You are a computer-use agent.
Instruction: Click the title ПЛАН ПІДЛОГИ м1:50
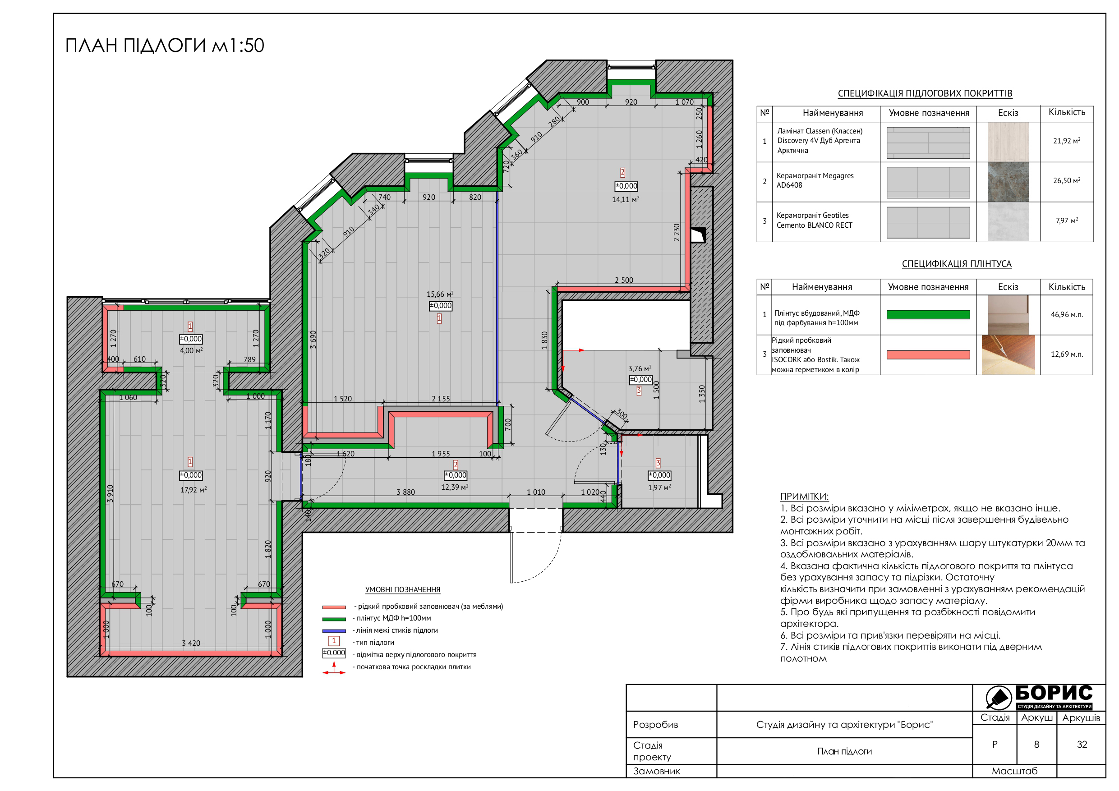click(x=165, y=46)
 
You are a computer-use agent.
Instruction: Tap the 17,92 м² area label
click(x=193, y=489)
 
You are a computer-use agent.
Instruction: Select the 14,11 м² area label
click(x=625, y=199)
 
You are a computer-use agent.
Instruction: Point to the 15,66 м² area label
click(x=440, y=294)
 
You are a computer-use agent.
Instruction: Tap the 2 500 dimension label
click(x=624, y=280)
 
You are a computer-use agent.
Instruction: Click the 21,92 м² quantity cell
click(x=1066, y=141)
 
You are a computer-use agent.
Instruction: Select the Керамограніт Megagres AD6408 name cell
click(x=825, y=181)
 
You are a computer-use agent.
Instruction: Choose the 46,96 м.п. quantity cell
click(x=1066, y=314)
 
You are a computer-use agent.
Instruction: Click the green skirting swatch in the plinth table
click(x=928, y=315)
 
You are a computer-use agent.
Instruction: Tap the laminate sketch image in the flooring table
click(x=1008, y=142)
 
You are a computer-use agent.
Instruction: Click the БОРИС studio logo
click(x=1039, y=697)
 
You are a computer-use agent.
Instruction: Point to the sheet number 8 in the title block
click(x=1036, y=744)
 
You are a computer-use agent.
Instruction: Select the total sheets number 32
click(x=1082, y=744)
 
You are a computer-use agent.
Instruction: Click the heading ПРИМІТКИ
click(x=804, y=496)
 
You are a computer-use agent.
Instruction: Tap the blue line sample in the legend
click(x=334, y=630)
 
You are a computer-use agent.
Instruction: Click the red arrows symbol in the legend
click(x=334, y=668)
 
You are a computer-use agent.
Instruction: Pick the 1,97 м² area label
click(x=659, y=487)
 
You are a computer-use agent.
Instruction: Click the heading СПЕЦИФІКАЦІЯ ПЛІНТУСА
click(x=956, y=264)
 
